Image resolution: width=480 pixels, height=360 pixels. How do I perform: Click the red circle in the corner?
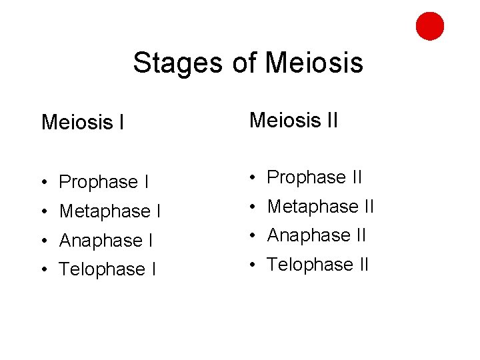click(x=430, y=26)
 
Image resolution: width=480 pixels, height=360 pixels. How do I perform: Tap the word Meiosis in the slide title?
click(x=314, y=63)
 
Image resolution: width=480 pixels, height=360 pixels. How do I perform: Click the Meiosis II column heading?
click(x=293, y=120)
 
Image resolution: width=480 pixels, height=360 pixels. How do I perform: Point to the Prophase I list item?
click(x=103, y=182)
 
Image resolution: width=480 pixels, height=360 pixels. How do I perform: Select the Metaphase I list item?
click(x=110, y=211)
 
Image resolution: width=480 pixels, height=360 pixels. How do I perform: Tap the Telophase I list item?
click(x=107, y=269)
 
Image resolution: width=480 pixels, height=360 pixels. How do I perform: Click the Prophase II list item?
click(x=314, y=177)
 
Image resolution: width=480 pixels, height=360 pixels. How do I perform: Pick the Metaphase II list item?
click(x=321, y=207)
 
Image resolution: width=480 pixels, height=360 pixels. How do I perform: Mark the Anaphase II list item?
click(x=317, y=235)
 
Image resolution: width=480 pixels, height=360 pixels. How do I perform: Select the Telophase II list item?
click(x=318, y=265)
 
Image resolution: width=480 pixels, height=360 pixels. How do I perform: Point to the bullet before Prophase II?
click(x=252, y=178)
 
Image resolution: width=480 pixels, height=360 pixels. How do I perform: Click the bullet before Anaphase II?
click(x=252, y=236)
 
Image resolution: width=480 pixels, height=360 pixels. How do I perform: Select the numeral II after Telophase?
click(x=361, y=265)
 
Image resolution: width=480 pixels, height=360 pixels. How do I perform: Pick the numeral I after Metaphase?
click(x=158, y=211)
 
